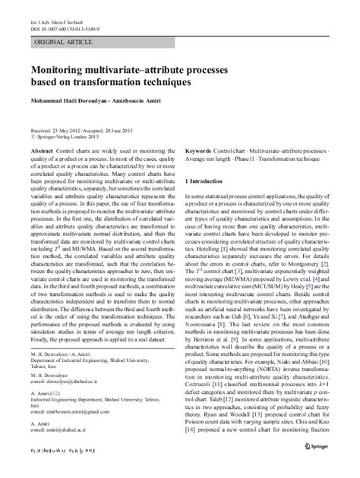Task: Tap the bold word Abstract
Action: pos(41,152)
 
